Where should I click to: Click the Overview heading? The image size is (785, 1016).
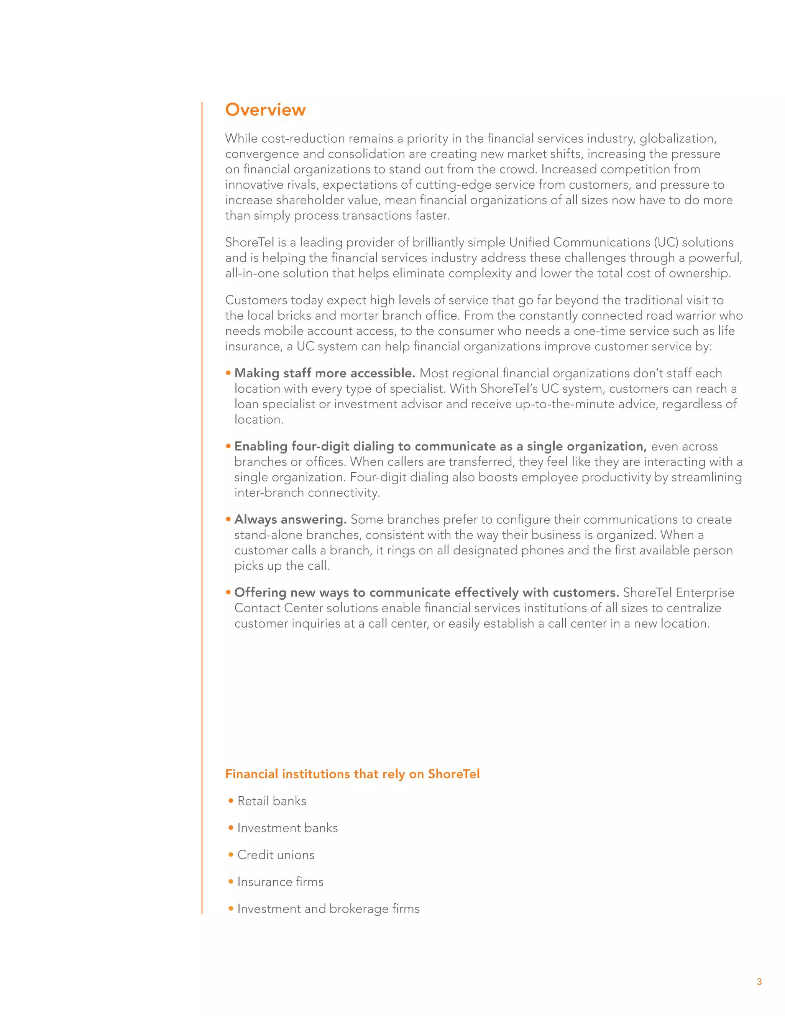pyautogui.click(x=265, y=110)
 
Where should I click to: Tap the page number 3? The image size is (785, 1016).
pyautogui.click(x=759, y=981)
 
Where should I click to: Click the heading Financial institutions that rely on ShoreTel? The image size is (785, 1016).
pyautogui.click(x=352, y=774)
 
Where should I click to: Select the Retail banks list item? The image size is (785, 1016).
pyautogui.click(x=272, y=801)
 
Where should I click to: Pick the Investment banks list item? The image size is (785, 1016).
pyautogui.click(x=287, y=828)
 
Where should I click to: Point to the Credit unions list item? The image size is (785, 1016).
pyautogui.click(x=276, y=855)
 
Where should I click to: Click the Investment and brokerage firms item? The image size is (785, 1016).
pyautogui.click(x=328, y=909)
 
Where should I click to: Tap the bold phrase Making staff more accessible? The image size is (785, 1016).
pyautogui.click(x=325, y=373)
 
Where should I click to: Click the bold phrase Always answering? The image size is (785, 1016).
pyautogui.click(x=290, y=519)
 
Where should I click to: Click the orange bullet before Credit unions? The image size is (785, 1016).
pyautogui.click(x=231, y=855)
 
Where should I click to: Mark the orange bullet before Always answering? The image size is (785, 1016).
pyautogui.click(x=228, y=519)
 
